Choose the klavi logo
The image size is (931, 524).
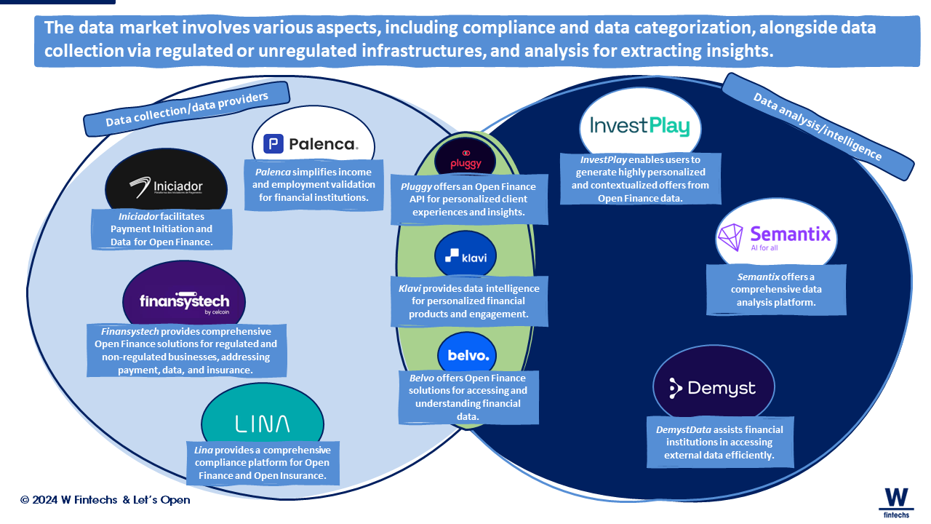pyautogui.click(x=465, y=257)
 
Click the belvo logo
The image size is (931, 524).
pyautogui.click(x=468, y=356)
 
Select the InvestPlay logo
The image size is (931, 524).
pyautogui.click(x=639, y=126)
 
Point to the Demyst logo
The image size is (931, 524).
pyautogui.click(x=713, y=389)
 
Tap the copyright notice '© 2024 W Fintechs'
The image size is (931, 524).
pyautogui.click(x=105, y=500)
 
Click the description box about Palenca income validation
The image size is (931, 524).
pyautogui.click(x=313, y=185)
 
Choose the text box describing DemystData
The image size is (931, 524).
pyautogui.click(x=719, y=442)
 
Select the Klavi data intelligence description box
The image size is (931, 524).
pyautogui.click(x=469, y=301)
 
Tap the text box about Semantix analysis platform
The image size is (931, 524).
pyautogui.click(x=775, y=289)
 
